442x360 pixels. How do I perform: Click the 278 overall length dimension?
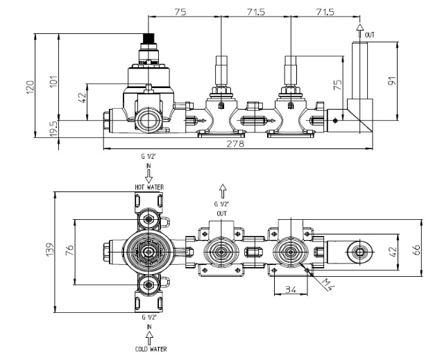[x=235, y=144]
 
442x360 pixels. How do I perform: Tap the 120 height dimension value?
[x=30, y=87]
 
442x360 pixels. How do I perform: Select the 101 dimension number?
[x=53, y=81]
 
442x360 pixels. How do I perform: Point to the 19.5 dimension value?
[x=53, y=129]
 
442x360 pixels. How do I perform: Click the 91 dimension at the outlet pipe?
[x=392, y=80]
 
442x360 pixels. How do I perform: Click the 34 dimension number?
[x=290, y=289]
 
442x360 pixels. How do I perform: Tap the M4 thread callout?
[x=328, y=284]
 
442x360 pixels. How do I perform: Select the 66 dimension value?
[x=416, y=250]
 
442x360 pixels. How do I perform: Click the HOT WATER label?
[x=149, y=187]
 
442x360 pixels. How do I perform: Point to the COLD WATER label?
[x=151, y=350]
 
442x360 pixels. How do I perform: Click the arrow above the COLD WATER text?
[x=149, y=338]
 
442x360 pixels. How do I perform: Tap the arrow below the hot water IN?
[x=148, y=176]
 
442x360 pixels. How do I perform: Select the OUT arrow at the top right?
[x=359, y=31]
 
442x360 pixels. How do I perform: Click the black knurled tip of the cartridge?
[x=148, y=38]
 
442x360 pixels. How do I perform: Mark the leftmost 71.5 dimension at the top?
[x=256, y=12]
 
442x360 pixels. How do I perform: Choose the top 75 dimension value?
[x=180, y=12]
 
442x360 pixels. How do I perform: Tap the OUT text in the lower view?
[x=221, y=214]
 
